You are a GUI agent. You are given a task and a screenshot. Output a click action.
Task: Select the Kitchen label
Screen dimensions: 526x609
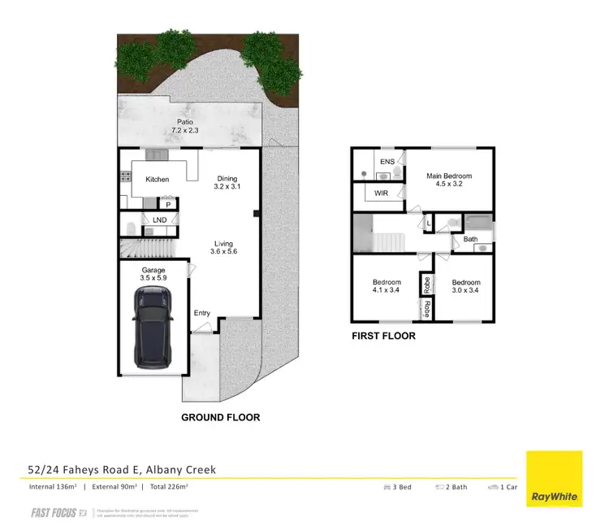click(x=157, y=179)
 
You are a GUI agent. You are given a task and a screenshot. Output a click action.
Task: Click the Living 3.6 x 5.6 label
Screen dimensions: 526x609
click(x=223, y=248)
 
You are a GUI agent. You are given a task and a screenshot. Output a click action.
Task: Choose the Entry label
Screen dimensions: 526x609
click(x=201, y=313)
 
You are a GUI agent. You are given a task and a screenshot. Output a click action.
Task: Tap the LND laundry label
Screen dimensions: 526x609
click(x=159, y=220)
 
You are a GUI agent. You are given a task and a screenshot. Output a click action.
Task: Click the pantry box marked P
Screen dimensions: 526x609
click(x=169, y=205)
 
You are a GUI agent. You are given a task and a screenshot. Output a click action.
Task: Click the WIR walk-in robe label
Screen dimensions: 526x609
click(x=380, y=193)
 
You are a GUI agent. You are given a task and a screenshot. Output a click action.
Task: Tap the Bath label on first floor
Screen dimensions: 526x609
click(x=470, y=239)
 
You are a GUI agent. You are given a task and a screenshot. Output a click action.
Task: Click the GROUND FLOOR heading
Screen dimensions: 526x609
click(x=221, y=417)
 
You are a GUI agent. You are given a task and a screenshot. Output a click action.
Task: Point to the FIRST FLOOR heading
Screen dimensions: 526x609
click(x=383, y=335)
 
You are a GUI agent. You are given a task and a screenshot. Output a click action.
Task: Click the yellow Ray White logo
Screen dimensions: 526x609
click(x=555, y=479)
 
